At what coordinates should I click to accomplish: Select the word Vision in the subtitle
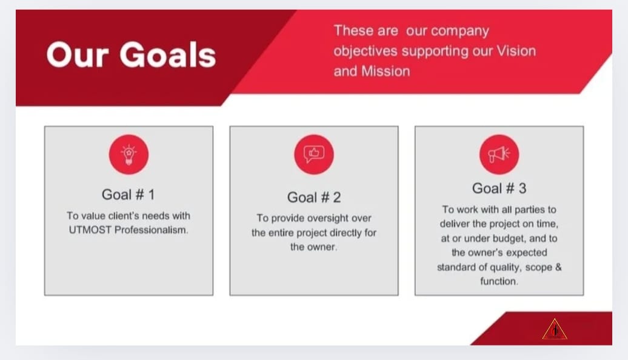516,51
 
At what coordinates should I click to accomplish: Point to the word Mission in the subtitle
386,72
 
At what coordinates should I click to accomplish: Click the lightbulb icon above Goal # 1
129,155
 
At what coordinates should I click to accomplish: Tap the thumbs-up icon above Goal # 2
314,155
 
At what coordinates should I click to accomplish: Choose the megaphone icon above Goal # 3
499,155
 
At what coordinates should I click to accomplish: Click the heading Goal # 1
128,195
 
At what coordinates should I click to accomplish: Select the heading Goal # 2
314,198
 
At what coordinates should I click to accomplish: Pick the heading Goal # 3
499,188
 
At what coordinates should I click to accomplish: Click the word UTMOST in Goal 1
90,230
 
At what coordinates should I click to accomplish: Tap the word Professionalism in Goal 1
151,230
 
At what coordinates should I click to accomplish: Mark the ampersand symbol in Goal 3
558,267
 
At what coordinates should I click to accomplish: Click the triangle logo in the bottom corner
555,329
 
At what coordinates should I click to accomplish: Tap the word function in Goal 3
499,281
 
